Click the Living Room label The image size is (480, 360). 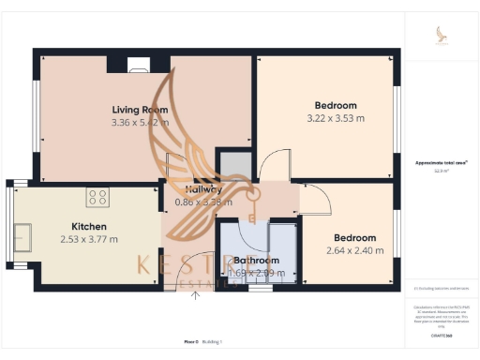coord(140,109)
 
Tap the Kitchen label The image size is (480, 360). coord(89,226)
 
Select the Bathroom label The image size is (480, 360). coord(256,260)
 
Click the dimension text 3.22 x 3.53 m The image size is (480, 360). coord(325,119)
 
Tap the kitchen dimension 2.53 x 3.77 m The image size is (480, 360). coord(89,239)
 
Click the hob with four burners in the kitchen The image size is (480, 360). coord(98,197)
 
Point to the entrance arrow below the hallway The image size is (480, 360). coord(196,295)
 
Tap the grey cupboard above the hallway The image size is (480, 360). coord(233,165)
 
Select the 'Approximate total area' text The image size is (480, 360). coord(442,163)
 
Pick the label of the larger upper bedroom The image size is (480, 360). coord(325,106)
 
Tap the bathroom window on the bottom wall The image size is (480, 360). coord(260,289)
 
